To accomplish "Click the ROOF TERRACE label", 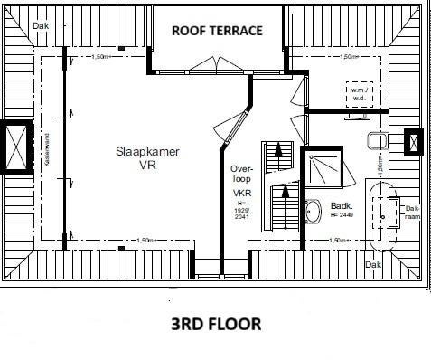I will click(x=217, y=30).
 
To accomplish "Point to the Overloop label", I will click(x=239, y=173).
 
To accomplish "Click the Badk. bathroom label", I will click(x=342, y=205).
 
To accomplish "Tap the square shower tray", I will click(x=323, y=165).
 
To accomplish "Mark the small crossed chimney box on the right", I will click(x=413, y=142).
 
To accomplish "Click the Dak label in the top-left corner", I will click(x=40, y=26).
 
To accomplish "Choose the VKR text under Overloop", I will click(x=241, y=194).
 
